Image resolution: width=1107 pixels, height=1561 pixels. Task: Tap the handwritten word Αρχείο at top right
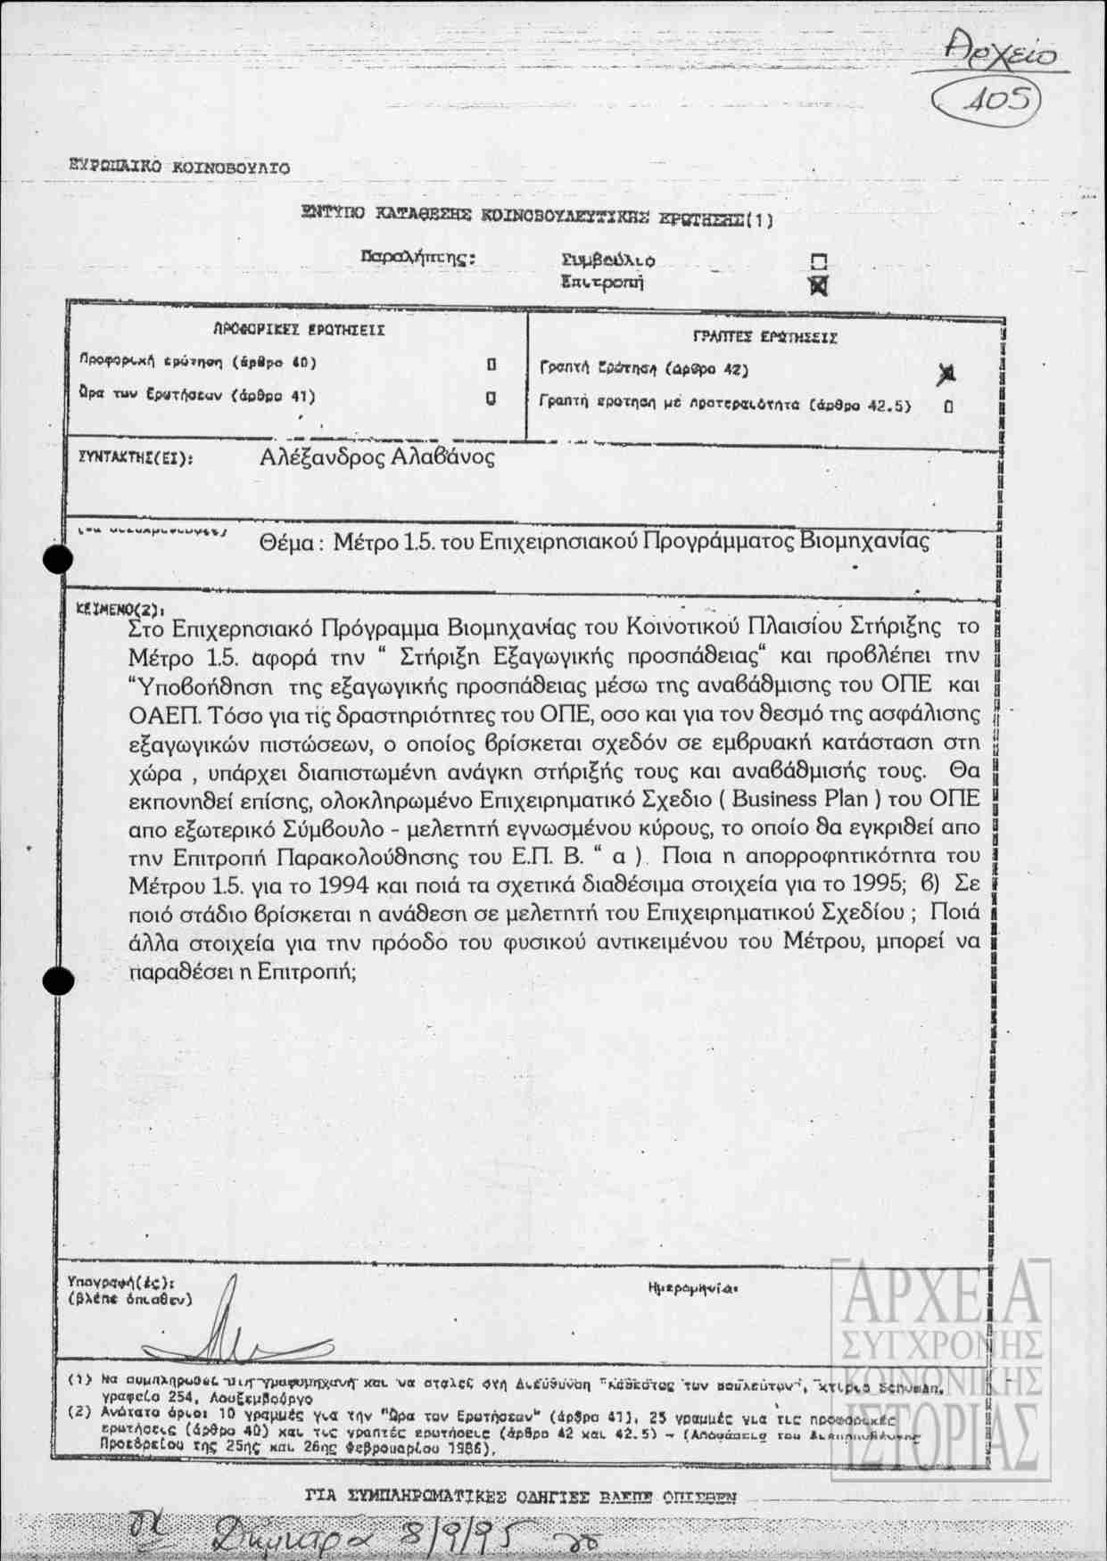point(1001,53)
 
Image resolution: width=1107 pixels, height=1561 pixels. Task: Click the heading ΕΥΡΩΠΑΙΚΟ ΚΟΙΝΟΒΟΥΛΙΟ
point(179,167)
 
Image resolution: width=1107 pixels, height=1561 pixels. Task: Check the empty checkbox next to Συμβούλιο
point(819,261)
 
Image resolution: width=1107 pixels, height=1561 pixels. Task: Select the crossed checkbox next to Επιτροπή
point(818,285)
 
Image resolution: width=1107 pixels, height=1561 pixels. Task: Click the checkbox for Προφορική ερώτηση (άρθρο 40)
point(492,365)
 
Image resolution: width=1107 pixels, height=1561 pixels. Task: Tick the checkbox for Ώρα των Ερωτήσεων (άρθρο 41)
point(491,398)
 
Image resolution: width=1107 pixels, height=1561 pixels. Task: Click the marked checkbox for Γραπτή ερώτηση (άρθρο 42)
point(946,374)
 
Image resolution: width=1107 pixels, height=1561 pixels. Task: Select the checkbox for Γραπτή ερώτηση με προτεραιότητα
point(948,407)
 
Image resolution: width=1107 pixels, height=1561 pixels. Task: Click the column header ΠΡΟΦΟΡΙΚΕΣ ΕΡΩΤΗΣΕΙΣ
point(299,330)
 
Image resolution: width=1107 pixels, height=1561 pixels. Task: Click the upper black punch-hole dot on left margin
point(59,559)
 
